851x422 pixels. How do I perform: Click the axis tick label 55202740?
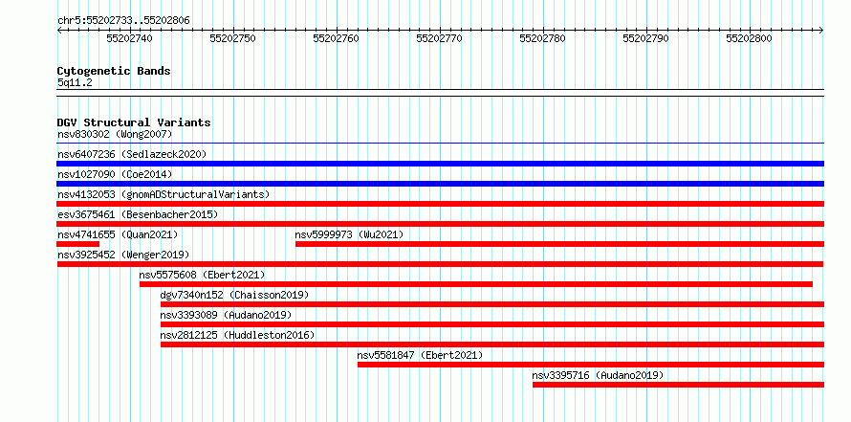(x=130, y=38)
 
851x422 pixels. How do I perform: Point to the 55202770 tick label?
(x=439, y=38)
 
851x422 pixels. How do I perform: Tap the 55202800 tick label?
(x=749, y=38)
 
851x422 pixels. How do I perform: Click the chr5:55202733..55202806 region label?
(x=123, y=21)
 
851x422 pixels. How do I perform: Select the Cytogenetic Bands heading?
(x=114, y=71)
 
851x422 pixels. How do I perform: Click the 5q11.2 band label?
(x=74, y=83)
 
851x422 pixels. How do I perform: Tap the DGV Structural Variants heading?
(x=134, y=122)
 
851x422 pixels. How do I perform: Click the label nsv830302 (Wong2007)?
(x=115, y=134)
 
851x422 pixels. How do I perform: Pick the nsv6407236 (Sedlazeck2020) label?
(x=132, y=154)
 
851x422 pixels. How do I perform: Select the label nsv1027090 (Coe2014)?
(x=115, y=174)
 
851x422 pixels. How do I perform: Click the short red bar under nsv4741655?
(x=78, y=244)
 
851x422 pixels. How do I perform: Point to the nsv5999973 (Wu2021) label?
(x=350, y=234)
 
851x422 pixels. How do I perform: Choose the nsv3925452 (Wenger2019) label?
(x=123, y=255)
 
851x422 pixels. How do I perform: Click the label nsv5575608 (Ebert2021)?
(x=203, y=275)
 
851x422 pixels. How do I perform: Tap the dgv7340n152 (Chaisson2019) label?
(x=234, y=295)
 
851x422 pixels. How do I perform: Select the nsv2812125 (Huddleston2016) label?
(x=237, y=335)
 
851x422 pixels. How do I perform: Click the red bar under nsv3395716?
(x=679, y=385)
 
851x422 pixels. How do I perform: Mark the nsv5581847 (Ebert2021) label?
(x=420, y=355)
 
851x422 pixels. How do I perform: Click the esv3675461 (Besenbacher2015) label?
(x=138, y=214)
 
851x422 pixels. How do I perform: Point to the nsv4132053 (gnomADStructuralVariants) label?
(x=164, y=194)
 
